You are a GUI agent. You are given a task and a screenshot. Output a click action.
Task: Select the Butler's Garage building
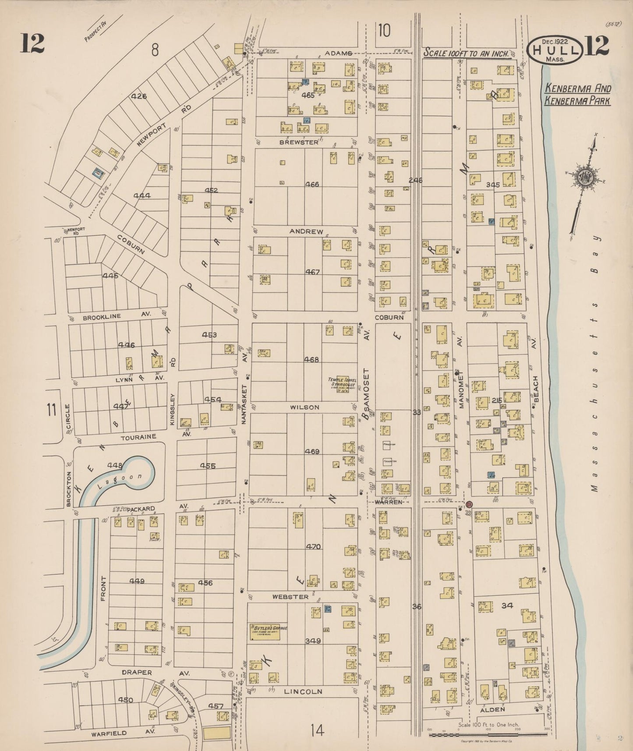(269, 631)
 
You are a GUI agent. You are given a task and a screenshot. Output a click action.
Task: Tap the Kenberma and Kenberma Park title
(577, 94)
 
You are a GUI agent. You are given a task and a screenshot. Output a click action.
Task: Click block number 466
(312, 184)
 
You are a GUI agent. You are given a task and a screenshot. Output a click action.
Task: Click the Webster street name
(290, 596)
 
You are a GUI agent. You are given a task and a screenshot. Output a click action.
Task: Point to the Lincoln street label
(303, 691)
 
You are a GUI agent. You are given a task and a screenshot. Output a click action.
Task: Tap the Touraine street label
(138, 437)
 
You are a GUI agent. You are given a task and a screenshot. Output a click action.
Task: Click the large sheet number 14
(317, 730)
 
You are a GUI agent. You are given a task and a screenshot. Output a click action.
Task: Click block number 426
(138, 96)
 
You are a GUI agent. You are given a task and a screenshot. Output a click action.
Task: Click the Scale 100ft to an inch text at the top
(467, 53)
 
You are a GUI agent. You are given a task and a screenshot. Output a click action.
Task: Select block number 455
(208, 465)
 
